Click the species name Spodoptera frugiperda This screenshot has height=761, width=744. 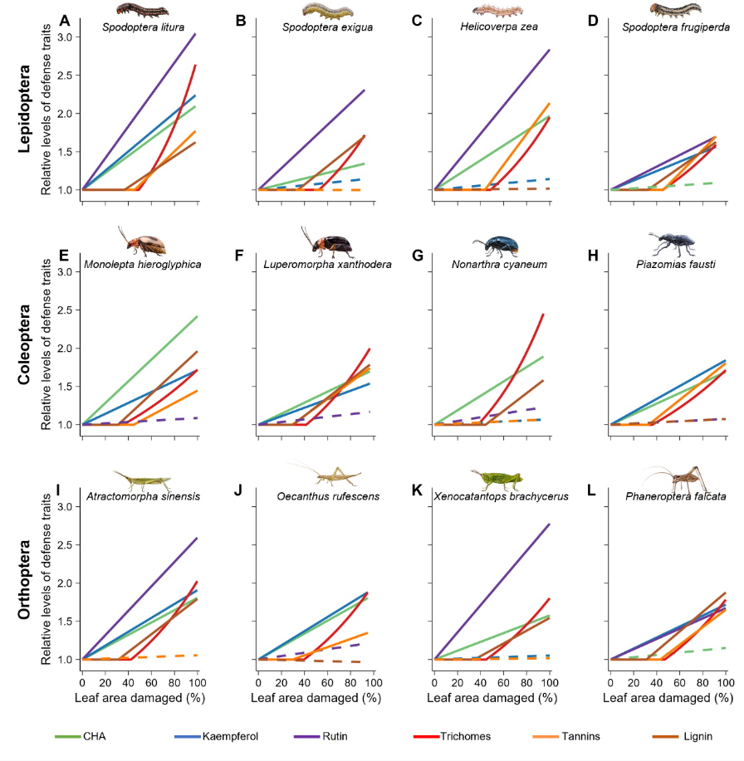point(676,27)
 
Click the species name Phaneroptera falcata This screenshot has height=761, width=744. point(676,496)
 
